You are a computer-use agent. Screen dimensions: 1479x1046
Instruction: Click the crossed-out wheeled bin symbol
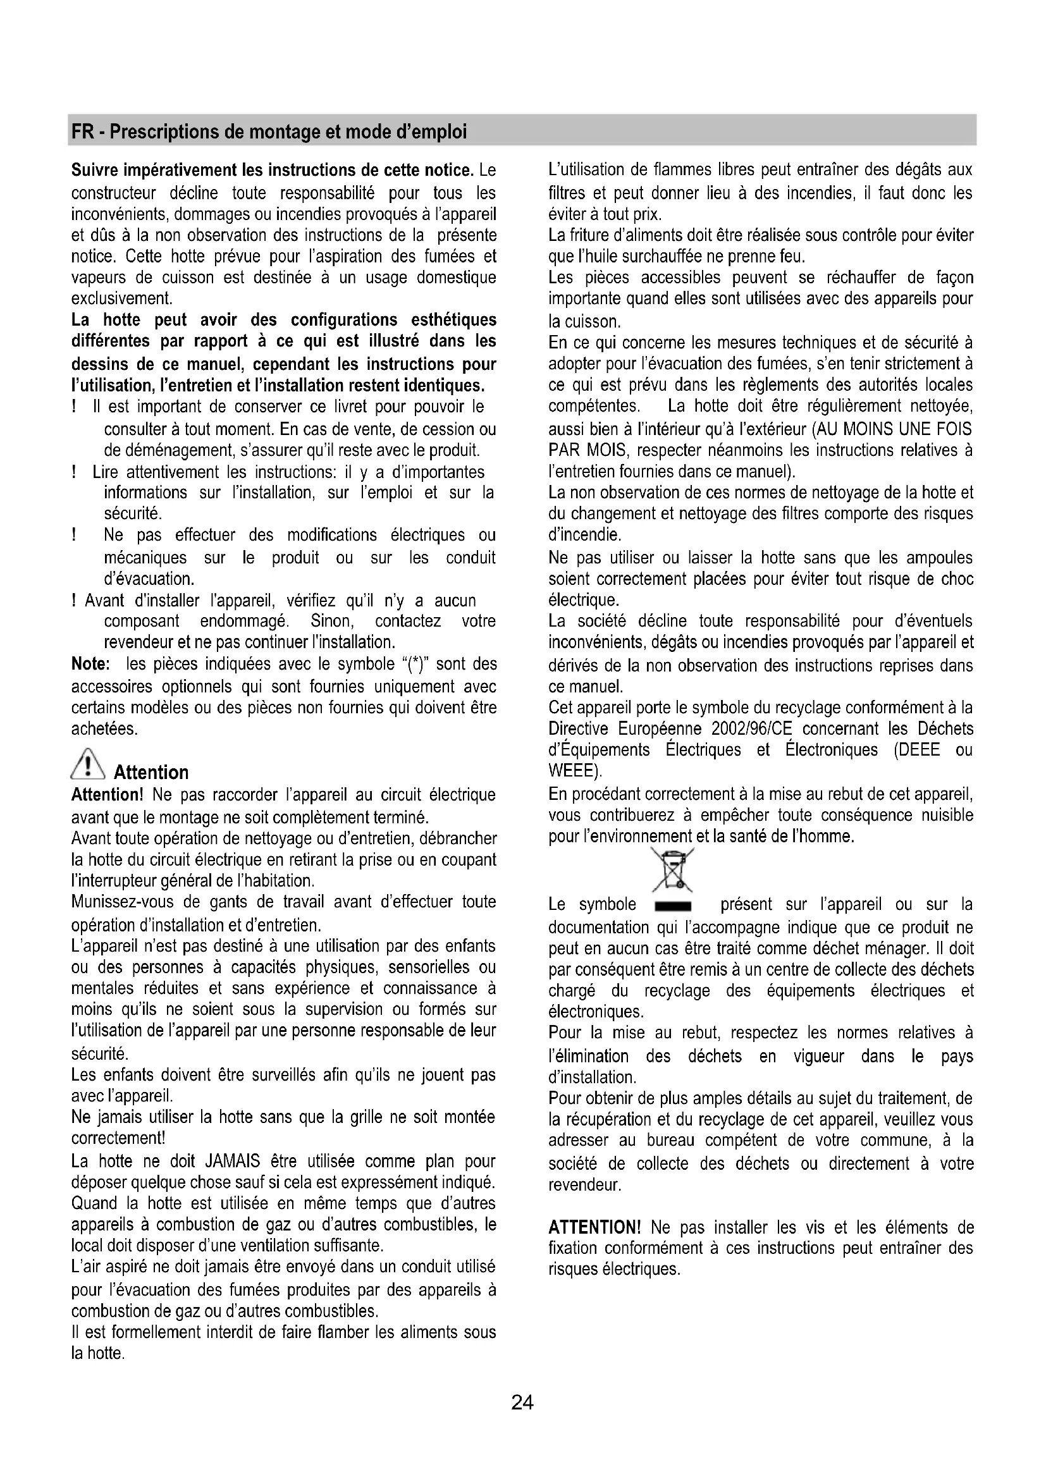672,870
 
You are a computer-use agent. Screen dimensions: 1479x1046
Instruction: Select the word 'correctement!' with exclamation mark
118,1138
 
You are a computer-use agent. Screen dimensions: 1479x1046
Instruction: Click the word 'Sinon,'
332,621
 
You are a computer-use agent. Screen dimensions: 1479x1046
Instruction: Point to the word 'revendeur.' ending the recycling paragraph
584,1184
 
